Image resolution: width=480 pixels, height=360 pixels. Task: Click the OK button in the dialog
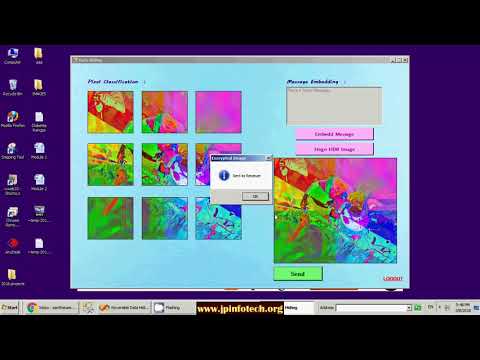(x=254, y=196)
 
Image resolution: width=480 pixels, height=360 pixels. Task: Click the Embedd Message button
(x=333, y=133)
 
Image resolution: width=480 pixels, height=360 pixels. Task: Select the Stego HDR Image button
(x=333, y=149)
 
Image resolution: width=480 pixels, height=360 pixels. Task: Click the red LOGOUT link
(x=392, y=279)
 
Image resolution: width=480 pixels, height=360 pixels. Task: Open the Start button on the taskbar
(x=11, y=307)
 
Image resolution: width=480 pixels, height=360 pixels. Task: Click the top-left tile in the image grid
(x=110, y=112)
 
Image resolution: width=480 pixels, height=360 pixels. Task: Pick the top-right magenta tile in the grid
(x=218, y=112)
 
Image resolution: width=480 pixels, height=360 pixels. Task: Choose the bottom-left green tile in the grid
(x=110, y=217)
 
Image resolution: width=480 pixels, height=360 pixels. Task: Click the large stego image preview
(x=334, y=209)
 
